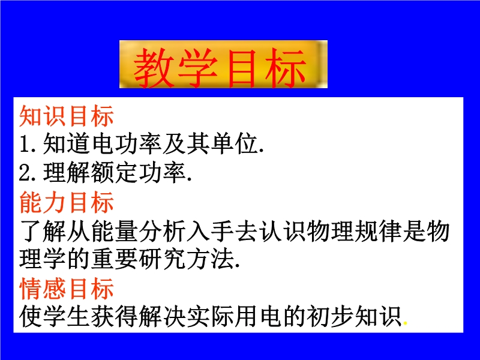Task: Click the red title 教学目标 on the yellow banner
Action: click(220, 68)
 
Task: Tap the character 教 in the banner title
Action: click(154, 68)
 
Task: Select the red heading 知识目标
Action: click(67, 116)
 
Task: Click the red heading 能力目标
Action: click(67, 202)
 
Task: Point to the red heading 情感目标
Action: click(67, 289)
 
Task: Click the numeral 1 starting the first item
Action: click(25, 144)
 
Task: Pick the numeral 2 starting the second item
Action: click(25, 173)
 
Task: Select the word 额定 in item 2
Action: click(115, 173)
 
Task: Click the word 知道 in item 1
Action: click(67, 144)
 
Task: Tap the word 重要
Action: click(115, 260)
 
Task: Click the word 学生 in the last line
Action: click(67, 316)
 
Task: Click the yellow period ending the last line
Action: click(406, 323)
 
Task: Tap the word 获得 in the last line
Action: click(115, 316)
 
